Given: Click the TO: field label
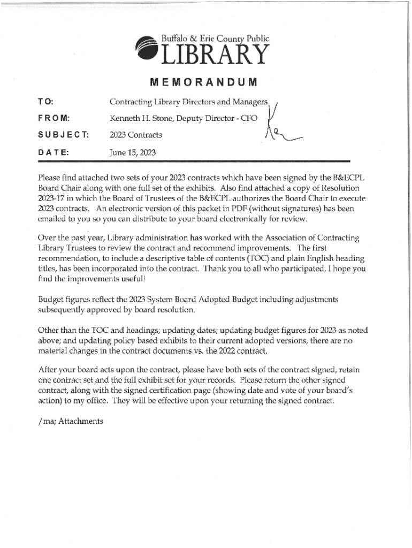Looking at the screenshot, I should click(45, 102).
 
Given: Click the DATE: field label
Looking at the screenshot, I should click(53, 152).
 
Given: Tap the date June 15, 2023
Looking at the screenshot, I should click(132, 153).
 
